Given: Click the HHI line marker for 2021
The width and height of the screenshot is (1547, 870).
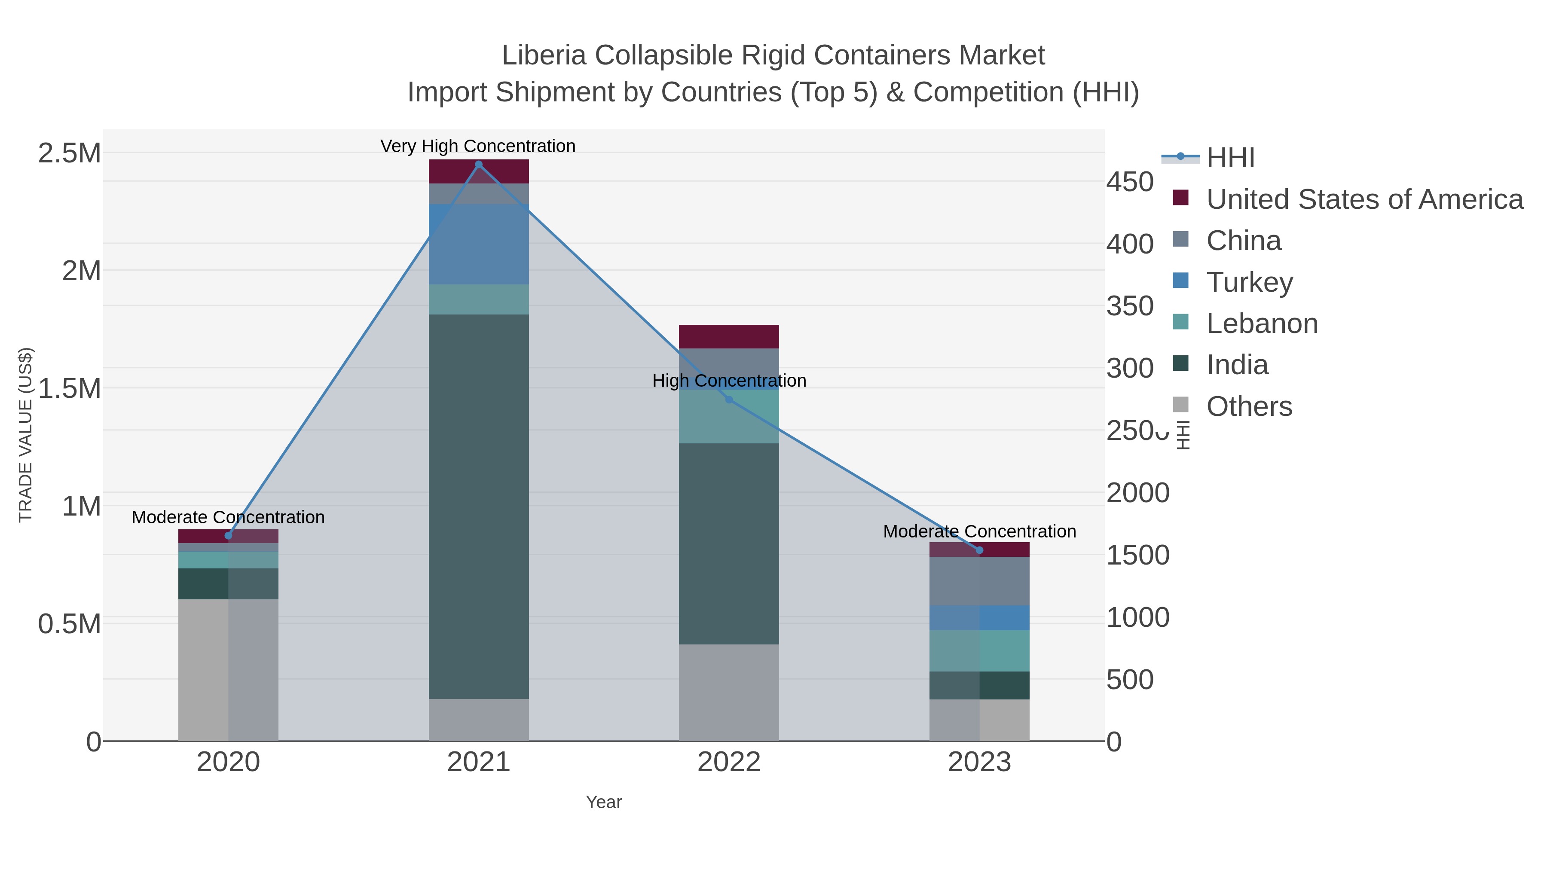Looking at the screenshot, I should coord(479,165).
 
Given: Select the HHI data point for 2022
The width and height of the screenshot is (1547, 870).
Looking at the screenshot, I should coord(729,399).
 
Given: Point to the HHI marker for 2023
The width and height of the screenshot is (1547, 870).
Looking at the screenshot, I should coord(979,550).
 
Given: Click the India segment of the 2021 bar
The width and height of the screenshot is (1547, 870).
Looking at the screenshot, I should coord(479,506).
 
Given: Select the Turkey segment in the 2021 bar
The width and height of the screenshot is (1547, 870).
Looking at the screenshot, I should coord(479,244).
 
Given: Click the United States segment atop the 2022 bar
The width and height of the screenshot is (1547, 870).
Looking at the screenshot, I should coord(729,336).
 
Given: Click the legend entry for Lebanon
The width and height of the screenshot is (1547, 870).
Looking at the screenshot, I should coord(1262,324).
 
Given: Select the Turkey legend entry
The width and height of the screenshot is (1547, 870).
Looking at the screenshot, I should coord(1249,282).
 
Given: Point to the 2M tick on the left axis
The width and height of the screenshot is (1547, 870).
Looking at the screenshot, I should coord(81,271).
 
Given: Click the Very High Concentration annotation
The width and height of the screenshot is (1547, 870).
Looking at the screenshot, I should coord(478,146).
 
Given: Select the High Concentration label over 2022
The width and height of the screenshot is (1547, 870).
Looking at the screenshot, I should coord(729,381).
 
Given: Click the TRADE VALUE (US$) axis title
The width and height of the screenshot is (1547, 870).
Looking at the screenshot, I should coord(25,435).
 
